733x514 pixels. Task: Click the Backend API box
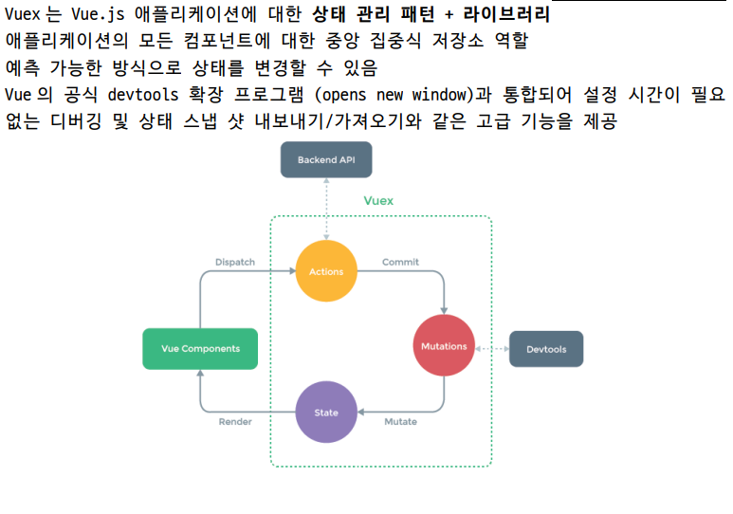[325, 159]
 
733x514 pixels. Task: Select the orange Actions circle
[326, 272]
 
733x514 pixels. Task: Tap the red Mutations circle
[444, 346]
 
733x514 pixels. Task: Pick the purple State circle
[326, 413]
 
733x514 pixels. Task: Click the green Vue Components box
[200, 348]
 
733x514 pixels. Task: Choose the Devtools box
[546, 349]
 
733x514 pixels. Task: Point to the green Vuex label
[378, 201]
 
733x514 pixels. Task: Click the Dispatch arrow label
[234, 262]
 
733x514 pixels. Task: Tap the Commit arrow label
[400, 262]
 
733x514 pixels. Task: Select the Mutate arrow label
[400, 421]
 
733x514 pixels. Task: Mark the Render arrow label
[235, 421]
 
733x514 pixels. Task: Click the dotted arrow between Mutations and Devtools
[491, 349]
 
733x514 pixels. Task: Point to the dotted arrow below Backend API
[325, 209]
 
